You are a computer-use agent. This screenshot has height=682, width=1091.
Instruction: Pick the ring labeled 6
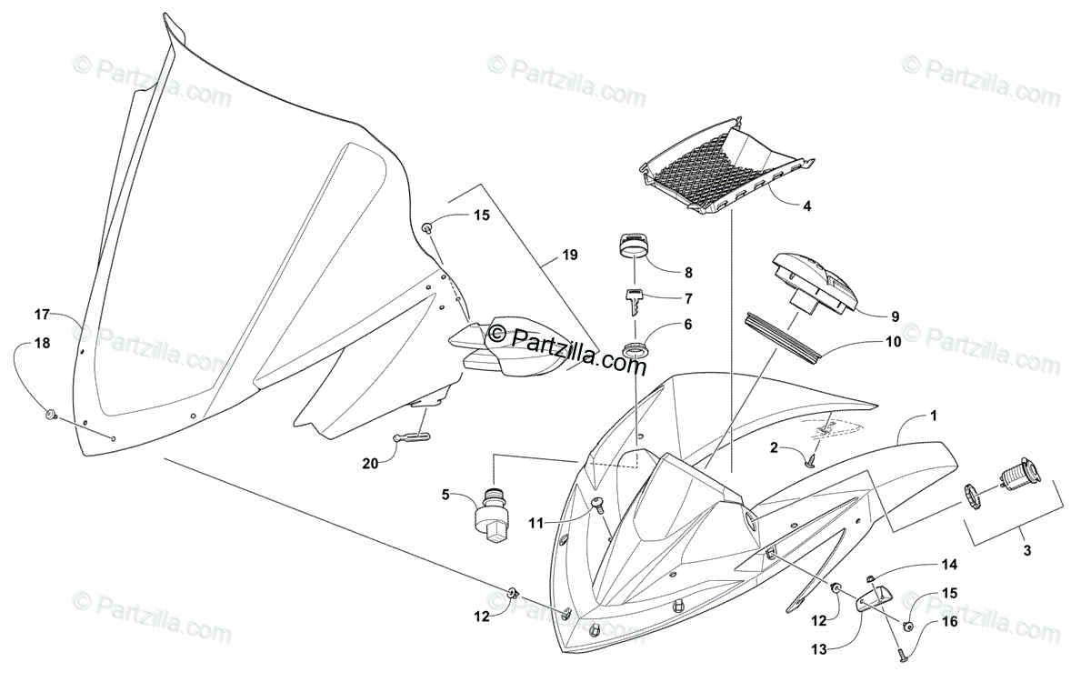click(x=635, y=348)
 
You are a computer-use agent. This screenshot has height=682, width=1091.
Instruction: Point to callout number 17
click(x=43, y=316)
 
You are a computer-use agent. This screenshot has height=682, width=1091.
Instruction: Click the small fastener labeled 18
click(x=51, y=416)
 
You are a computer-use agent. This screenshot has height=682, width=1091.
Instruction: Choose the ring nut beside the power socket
click(x=973, y=497)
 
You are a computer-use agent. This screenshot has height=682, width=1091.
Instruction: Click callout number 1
click(x=933, y=415)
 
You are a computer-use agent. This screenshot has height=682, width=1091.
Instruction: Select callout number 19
click(x=569, y=256)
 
